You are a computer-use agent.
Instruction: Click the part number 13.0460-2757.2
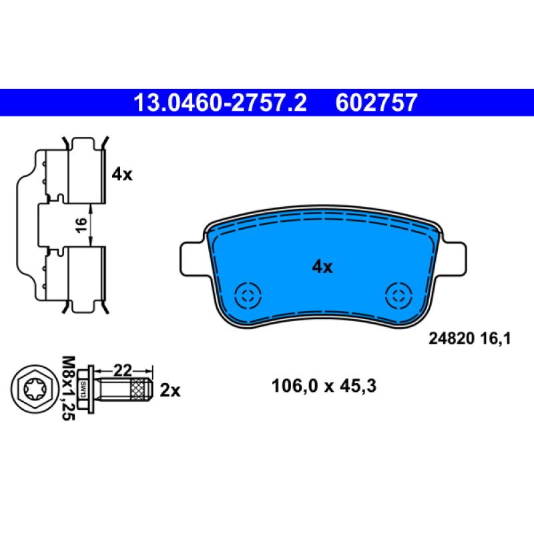point(220,103)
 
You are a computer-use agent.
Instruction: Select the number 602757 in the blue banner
point(376,103)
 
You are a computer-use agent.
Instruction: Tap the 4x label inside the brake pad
point(322,266)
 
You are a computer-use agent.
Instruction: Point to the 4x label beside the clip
point(122,174)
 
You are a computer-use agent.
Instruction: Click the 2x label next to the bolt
point(170,390)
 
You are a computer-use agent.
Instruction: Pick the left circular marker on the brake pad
point(248,296)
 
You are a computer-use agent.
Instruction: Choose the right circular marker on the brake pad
point(398,296)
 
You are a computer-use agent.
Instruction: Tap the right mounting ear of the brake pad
point(453,258)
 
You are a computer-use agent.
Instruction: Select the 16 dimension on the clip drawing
point(81,225)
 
